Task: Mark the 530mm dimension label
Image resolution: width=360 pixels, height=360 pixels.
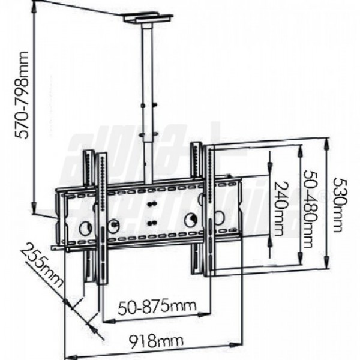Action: [338, 205]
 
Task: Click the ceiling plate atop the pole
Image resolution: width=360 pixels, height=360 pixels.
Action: [148, 19]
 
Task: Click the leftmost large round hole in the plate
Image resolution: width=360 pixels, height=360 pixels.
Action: [85, 228]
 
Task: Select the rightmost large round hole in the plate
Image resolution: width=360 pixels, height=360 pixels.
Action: [192, 219]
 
